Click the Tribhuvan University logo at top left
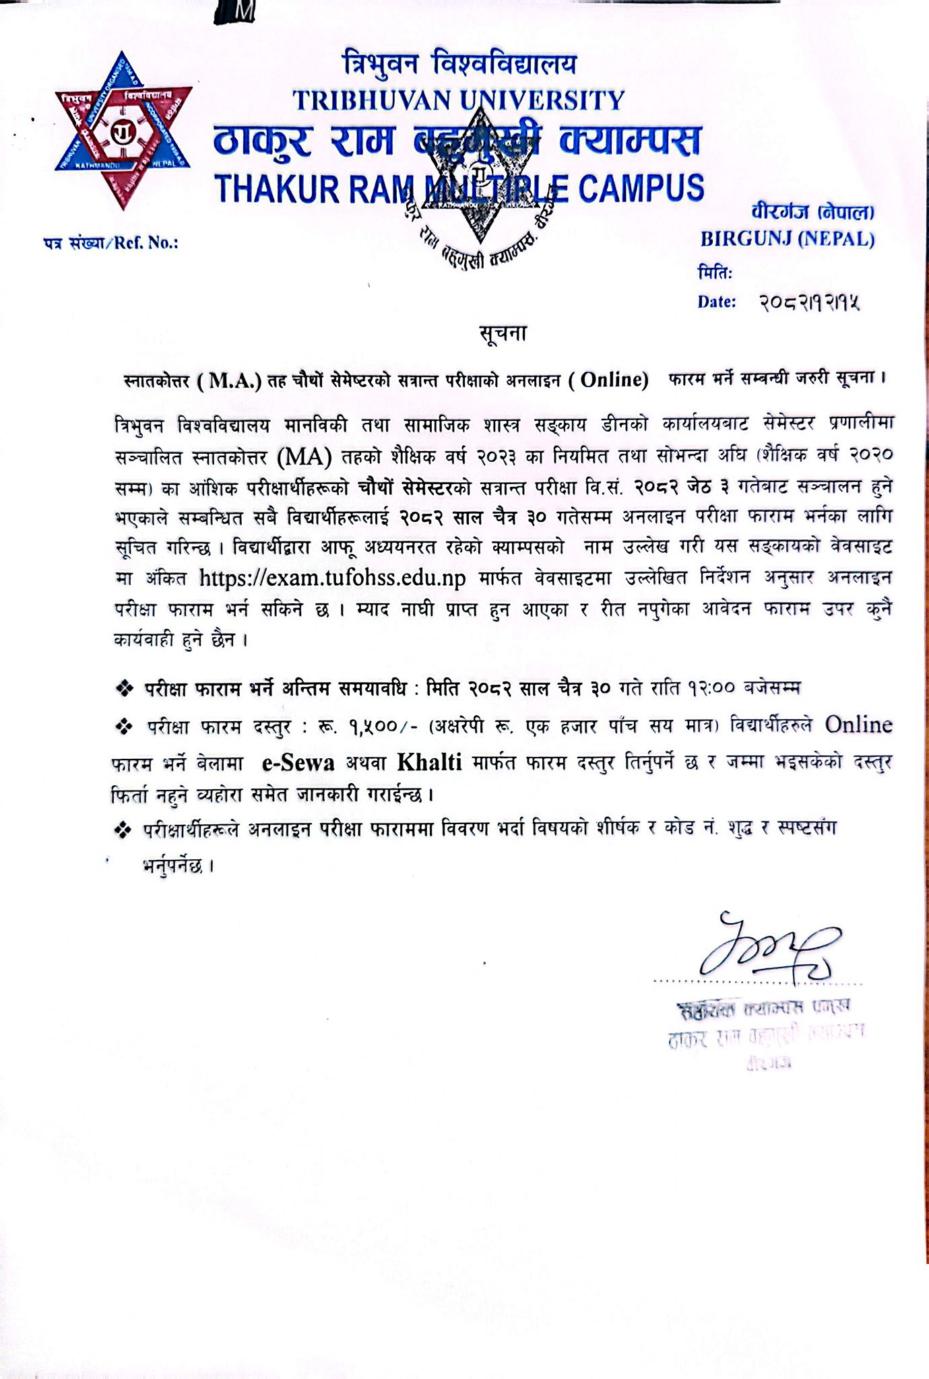(x=123, y=131)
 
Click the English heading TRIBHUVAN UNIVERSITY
(x=459, y=100)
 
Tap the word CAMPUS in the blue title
(x=641, y=188)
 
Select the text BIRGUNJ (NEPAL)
(x=787, y=239)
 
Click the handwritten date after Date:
(x=809, y=303)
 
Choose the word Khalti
(x=429, y=762)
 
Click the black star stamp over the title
(x=480, y=195)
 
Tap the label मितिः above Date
(x=715, y=273)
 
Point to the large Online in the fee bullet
(x=858, y=725)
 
